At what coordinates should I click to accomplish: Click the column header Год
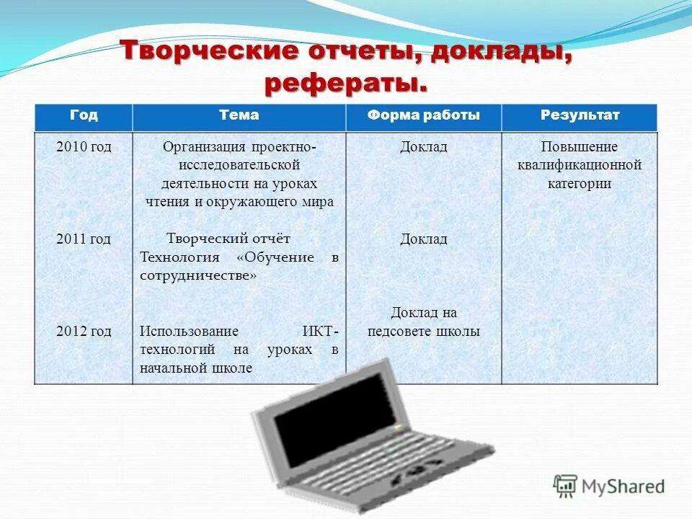[84, 115]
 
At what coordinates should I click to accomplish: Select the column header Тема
[239, 115]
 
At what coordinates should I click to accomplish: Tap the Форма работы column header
[423, 115]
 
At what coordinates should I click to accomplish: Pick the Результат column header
[580, 115]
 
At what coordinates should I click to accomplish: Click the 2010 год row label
[84, 147]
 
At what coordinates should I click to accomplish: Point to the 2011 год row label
[84, 239]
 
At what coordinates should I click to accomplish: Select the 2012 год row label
[84, 332]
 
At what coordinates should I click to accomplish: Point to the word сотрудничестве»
[198, 275]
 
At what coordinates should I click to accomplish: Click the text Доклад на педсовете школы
[424, 322]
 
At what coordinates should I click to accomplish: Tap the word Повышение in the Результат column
[579, 147]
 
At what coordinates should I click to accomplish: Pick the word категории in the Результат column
[579, 183]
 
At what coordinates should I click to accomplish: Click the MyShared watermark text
[622, 486]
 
